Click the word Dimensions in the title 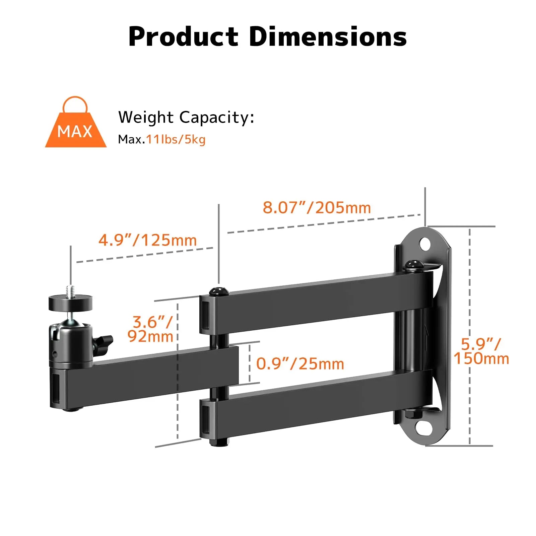coord(328,37)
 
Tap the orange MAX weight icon coord(76,126)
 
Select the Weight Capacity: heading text coord(186,117)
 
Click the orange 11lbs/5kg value coord(176,139)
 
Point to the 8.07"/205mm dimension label coord(317,208)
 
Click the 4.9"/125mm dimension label coord(147,240)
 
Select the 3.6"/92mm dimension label coord(151,329)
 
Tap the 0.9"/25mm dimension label coord(300,363)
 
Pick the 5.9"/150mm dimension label coord(481,351)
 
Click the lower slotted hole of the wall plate coord(424,428)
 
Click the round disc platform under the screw coord(70,303)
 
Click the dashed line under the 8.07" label coord(323,223)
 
